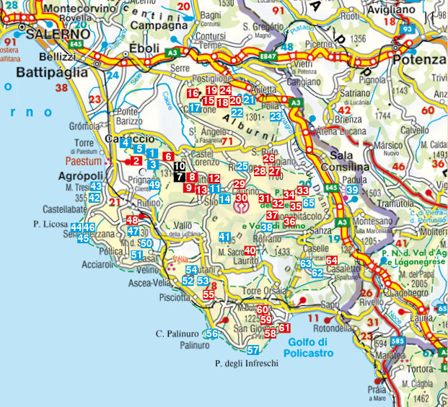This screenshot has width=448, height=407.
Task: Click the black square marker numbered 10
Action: click(x=180, y=167)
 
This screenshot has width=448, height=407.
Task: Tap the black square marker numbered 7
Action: click(x=180, y=177)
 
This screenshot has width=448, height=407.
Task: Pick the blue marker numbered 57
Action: click(x=252, y=350)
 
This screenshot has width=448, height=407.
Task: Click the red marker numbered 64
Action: click(x=331, y=261)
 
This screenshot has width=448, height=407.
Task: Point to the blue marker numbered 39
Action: click(x=352, y=190)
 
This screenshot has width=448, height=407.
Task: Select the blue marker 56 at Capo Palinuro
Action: click(x=211, y=333)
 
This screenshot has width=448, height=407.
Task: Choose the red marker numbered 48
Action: click(x=132, y=221)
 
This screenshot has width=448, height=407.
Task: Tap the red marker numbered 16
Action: click(x=192, y=93)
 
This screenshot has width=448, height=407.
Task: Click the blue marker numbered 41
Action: click(x=224, y=237)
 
